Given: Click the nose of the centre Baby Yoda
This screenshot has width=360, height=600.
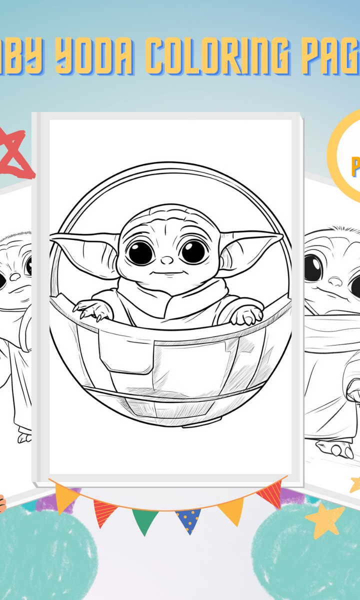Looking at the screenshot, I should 167,259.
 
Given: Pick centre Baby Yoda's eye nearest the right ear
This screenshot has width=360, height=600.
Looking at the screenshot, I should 192,251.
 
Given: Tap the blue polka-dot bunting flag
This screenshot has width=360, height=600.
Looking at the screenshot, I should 188,519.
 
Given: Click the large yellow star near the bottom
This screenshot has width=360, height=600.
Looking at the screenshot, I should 325,520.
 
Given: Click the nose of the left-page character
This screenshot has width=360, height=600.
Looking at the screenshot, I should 15,276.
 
